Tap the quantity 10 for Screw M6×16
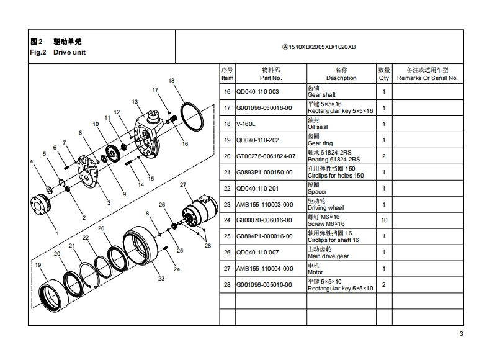(384, 220)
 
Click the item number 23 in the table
(227, 204)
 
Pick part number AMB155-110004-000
(264, 269)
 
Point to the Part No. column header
(271, 74)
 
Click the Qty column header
(384, 74)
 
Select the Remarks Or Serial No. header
(427, 74)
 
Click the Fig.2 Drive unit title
(58, 47)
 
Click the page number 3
(461, 335)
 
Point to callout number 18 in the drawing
(171, 81)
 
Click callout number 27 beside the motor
(183, 185)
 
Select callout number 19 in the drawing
(38, 265)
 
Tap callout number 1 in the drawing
(57, 233)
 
